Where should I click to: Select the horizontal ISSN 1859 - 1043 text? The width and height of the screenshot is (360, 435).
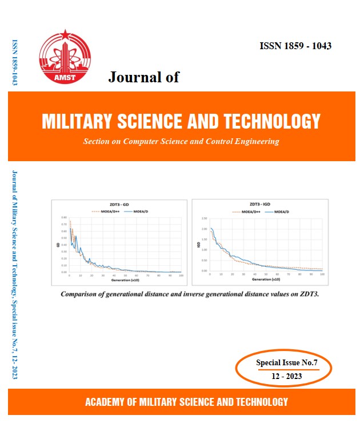pos(295,46)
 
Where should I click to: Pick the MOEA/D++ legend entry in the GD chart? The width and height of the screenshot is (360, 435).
pos(105,211)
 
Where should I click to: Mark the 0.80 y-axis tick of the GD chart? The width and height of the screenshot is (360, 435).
pos(64,218)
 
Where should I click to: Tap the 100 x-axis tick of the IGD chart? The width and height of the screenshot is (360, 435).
pos(323,275)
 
